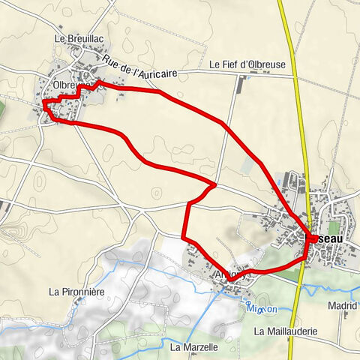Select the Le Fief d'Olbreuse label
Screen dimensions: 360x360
tap(247, 65)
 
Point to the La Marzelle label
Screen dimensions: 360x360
tap(193, 347)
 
